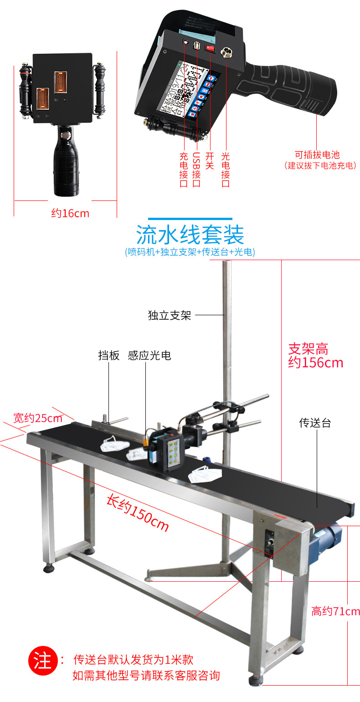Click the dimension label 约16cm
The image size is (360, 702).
(x=70, y=213)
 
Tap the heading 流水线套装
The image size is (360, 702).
(x=190, y=235)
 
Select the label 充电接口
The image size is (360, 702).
(x=184, y=169)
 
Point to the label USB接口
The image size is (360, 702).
(x=196, y=169)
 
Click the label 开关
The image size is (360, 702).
(x=210, y=160)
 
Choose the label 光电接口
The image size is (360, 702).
(x=225, y=169)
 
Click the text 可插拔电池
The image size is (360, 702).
(x=317, y=155)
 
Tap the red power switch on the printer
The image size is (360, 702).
(x=210, y=47)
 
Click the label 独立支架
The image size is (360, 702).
(x=170, y=315)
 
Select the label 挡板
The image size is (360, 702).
(x=109, y=355)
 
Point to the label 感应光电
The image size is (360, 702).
(x=149, y=355)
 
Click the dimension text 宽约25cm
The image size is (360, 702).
(x=38, y=417)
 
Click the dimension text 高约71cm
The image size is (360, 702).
(x=335, y=611)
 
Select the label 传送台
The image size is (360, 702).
(x=315, y=423)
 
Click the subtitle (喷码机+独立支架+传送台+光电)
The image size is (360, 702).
(x=190, y=252)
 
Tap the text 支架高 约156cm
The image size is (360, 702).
(x=315, y=356)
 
